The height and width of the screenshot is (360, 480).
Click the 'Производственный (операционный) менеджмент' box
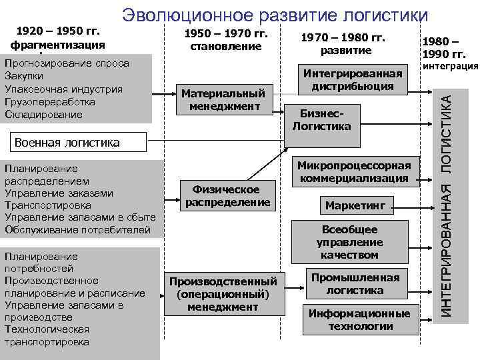tap(223, 293)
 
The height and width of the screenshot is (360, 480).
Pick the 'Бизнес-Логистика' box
tap(322, 120)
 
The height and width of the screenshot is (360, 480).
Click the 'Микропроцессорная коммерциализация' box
tap(354, 171)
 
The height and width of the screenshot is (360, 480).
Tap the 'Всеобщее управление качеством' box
tap(349, 242)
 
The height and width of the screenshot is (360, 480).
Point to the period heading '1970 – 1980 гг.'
tap(343, 38)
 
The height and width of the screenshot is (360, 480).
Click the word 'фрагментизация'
tap(57, 45)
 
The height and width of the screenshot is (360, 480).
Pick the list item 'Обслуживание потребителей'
tap(77, 230)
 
